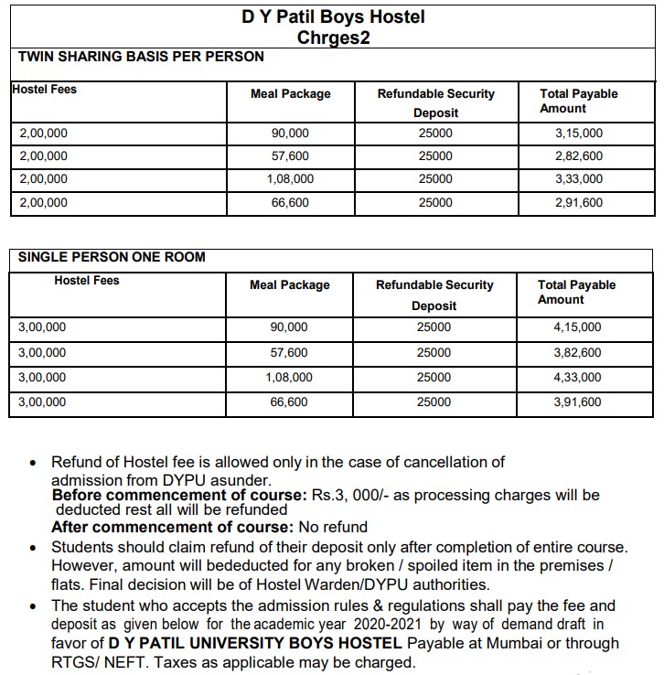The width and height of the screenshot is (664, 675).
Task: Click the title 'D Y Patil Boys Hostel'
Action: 333,16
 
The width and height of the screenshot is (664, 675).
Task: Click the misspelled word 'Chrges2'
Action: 333,37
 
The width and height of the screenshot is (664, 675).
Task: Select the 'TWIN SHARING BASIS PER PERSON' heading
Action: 141,57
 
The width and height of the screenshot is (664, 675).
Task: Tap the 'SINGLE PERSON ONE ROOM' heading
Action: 112,257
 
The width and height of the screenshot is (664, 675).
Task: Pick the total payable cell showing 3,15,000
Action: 579,134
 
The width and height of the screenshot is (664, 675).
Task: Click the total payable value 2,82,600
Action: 579,156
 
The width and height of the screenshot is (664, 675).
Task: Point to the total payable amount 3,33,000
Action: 579,179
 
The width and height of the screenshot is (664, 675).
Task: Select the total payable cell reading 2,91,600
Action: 579,203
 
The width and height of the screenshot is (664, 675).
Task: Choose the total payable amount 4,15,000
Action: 577,327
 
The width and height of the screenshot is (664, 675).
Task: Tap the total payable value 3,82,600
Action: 577,352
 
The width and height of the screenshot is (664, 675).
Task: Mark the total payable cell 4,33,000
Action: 577,377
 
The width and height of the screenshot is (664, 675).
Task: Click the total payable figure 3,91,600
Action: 577,402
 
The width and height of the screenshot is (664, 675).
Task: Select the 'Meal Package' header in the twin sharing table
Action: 291,94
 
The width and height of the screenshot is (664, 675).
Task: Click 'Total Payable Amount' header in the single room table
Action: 576,293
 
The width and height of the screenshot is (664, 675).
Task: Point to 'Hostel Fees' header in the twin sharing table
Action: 44,90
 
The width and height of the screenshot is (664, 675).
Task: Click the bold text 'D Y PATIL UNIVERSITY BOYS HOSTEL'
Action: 254,643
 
